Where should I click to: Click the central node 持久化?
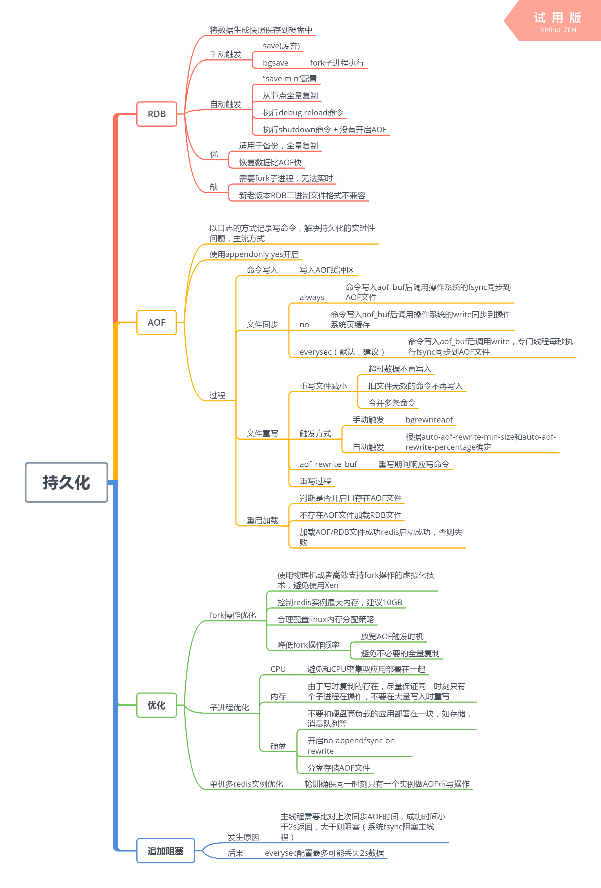pyautogui.click(x=66, y=482)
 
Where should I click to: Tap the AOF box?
pyautogui.click(x=156, y=323)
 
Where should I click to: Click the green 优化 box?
pyautogui.click(x=156, y=705)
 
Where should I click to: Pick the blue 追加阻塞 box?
pyautogui.click(x=165, y=851)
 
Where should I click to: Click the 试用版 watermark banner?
pyautogui.click(x=557, y=21)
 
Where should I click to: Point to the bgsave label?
pyautogui.click(x=276, y=63)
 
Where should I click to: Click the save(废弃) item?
pyautogui.click(x=281, y=46)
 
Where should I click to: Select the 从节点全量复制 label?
pyautogui.click(x=290, y=95)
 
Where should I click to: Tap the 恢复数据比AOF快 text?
pyautogui.click(x=270, y=162)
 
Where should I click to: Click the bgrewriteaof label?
pyautogui.click(x=429, y=420)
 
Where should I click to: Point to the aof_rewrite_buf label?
pyautogui.click(x=328, y=464)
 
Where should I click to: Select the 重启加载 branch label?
pyautogui.click(x=262, y=520)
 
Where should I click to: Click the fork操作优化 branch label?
pyautogui.click(x=233, y=615)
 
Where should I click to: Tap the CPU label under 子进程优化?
pyautogui.click(x=278, y=669)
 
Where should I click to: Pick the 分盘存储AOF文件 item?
pyautogui.click(x=339, y=768)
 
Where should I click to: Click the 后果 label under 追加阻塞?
pyautogui.click(x=235, y=853)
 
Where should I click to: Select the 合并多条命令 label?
pyautogui.click(x=391, y=403)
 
